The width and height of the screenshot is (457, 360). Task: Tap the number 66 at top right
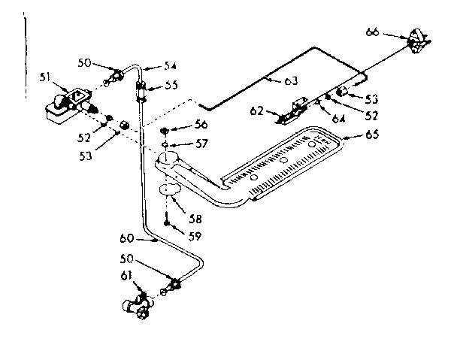pyautogui.click(x=373, y=32)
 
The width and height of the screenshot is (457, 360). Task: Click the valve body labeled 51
pyautogui.click(x=66, y=102)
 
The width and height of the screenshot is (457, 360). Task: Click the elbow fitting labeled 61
pyautogui.click(x=138, y=305)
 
